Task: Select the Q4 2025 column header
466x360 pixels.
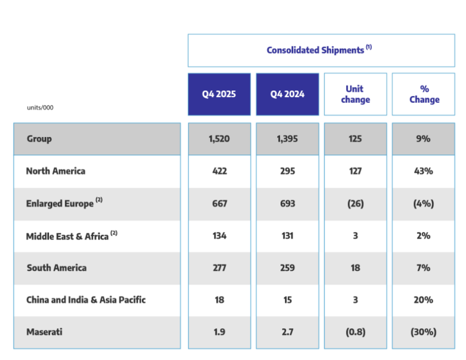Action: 219,94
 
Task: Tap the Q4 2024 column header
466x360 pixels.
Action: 287,94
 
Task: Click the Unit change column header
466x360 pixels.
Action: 355,94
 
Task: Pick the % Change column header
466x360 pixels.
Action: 424,94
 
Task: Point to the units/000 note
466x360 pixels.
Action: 40,108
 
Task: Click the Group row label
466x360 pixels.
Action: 39,138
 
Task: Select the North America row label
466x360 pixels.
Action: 55,171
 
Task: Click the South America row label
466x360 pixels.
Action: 56,268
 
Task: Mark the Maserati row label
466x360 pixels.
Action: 44,332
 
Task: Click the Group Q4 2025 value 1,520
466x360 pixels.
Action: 219,138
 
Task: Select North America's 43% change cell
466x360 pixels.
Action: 423,171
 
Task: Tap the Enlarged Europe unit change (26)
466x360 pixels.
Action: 355,203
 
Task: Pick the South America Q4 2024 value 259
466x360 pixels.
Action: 287,268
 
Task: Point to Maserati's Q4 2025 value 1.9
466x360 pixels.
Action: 219,332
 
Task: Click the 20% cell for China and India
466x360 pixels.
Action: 423,300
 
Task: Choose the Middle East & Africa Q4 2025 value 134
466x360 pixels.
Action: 219,235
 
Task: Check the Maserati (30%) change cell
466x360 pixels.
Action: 423,332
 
